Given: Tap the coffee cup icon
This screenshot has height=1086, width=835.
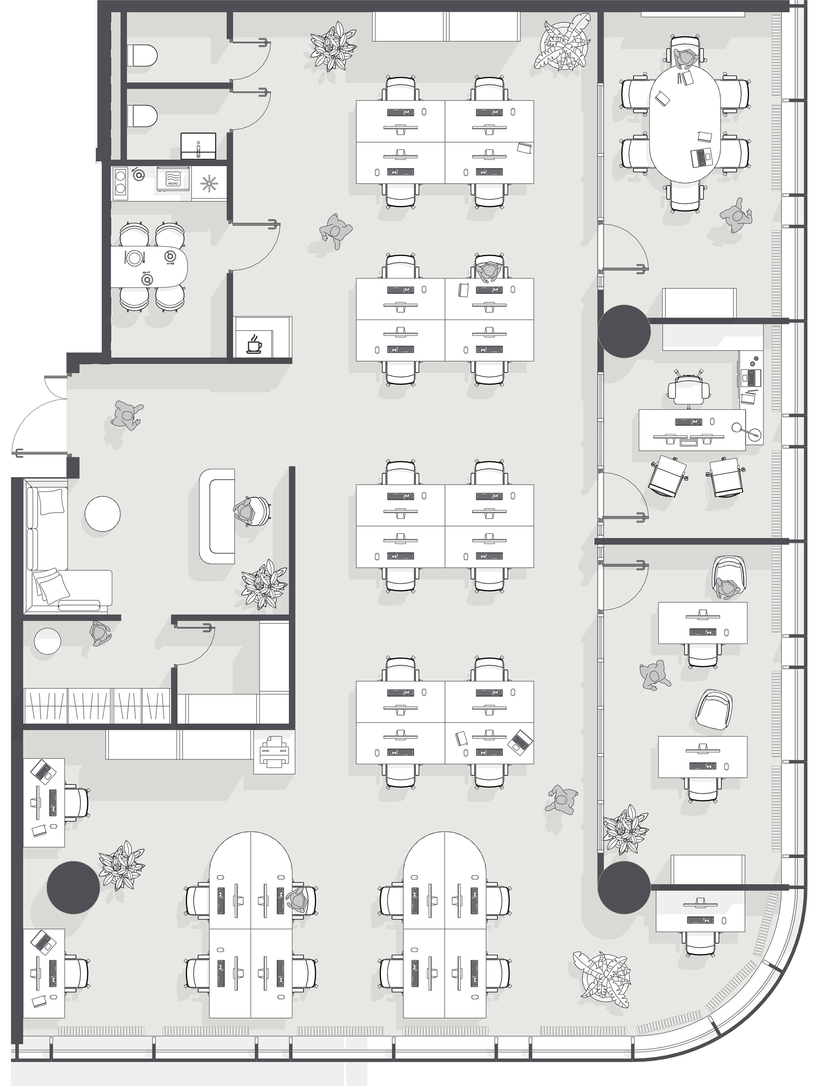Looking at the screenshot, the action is tap(254, 343).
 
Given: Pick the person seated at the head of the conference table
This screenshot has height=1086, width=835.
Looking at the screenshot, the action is tap(686, 59).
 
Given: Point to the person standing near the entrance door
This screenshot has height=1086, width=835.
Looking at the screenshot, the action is tap(127, 416).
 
